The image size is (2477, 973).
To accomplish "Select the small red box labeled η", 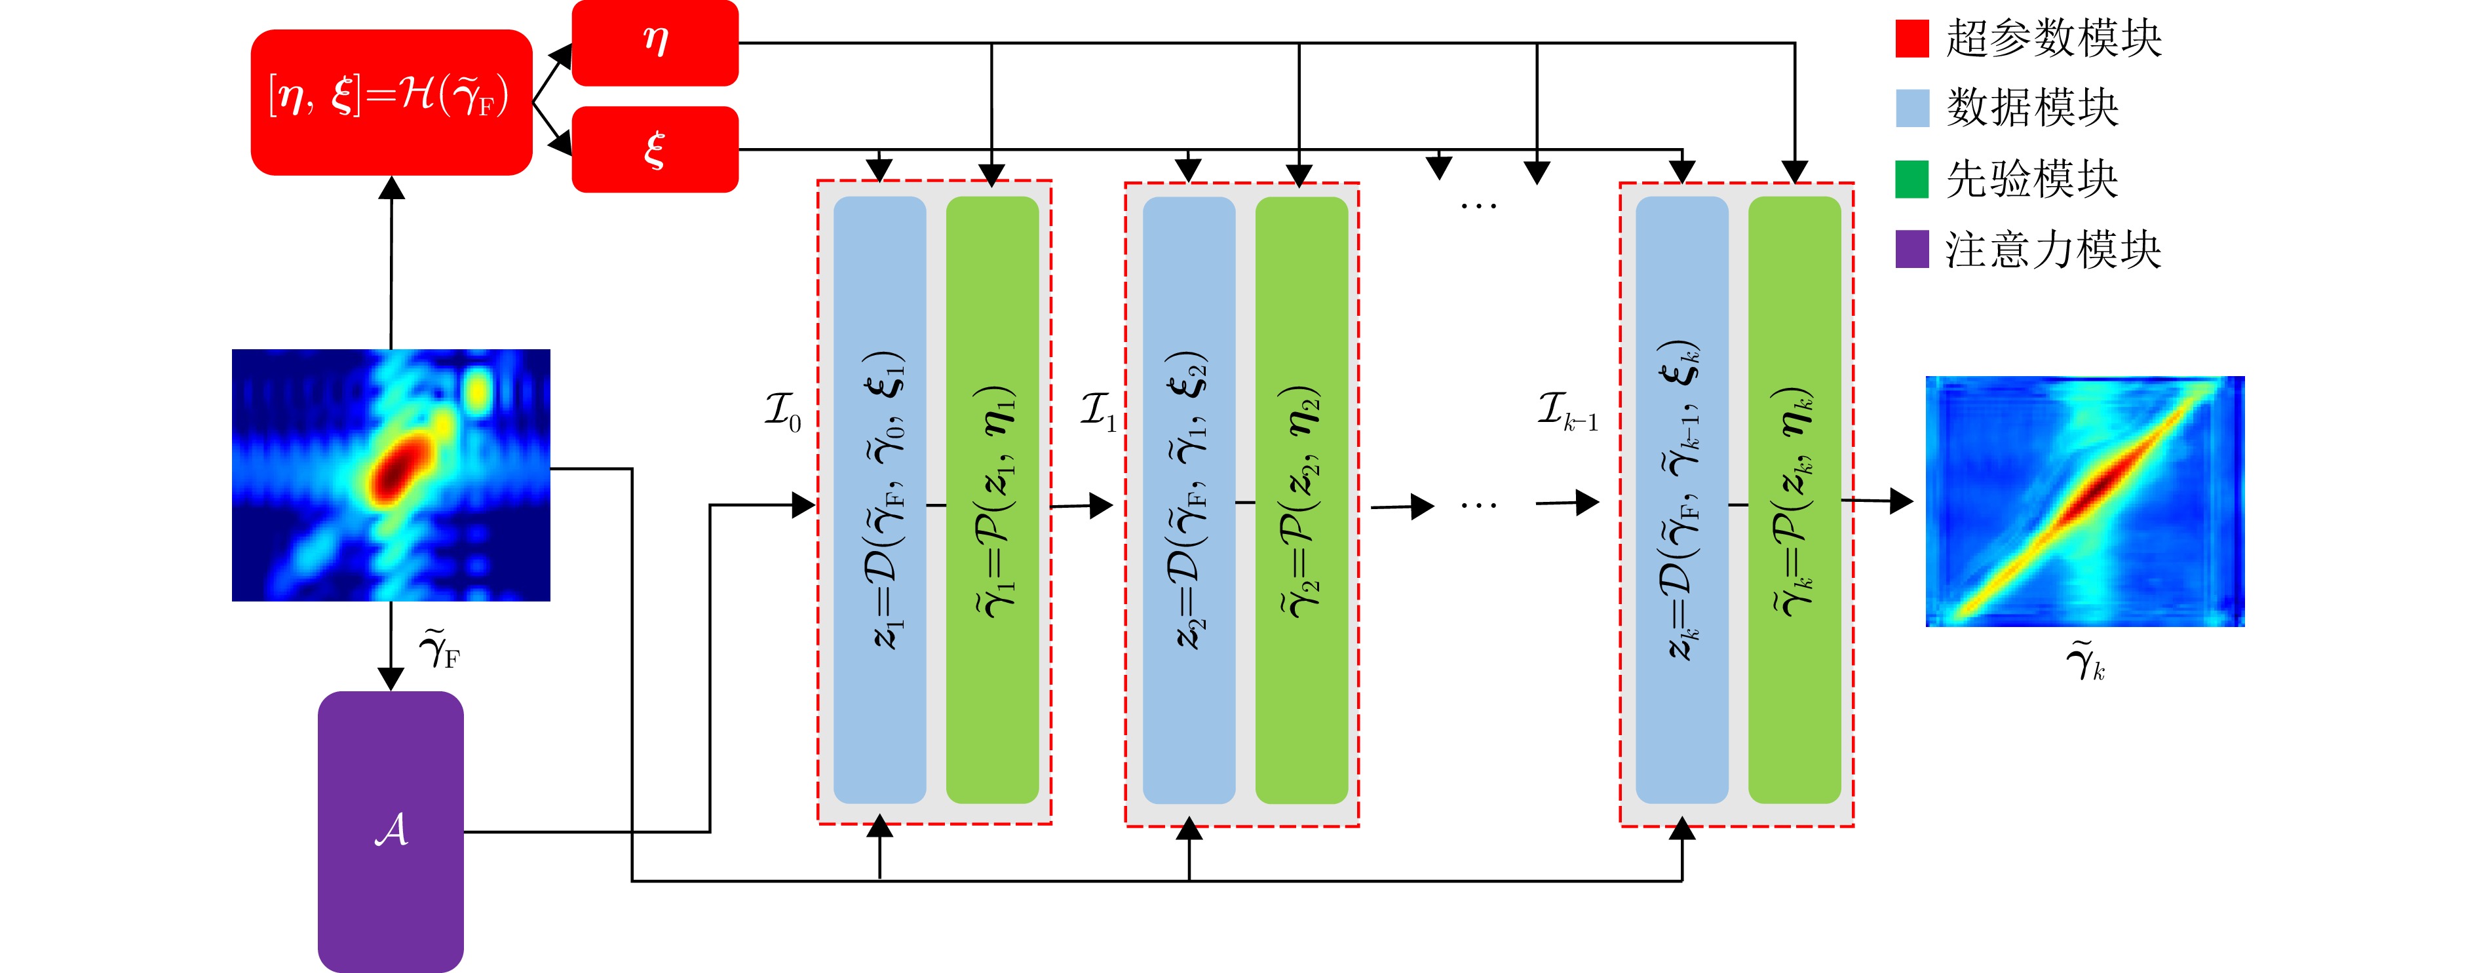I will (655, 43).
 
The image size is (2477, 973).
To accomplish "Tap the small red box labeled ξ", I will (655, 149).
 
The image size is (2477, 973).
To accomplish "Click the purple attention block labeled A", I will (391, 831).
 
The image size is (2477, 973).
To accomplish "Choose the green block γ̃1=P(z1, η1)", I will (992, 500).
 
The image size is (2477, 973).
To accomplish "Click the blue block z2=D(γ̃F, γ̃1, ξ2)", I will (1189, 500).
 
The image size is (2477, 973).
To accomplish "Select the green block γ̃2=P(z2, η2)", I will (1301, 500).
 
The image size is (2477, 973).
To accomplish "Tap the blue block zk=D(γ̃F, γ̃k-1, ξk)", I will (1681, 500).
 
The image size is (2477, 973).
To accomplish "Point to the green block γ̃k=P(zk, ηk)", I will (1794, 500).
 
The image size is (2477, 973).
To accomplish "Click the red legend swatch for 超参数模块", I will (1911, 39).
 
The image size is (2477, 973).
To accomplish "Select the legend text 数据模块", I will (2032, 107).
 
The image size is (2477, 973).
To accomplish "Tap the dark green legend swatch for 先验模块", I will (1911, 179).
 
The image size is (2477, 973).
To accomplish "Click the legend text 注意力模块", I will (2053, 250).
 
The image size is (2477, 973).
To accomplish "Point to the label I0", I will (782, 411).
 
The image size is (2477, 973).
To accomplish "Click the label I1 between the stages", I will (1097, 411).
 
